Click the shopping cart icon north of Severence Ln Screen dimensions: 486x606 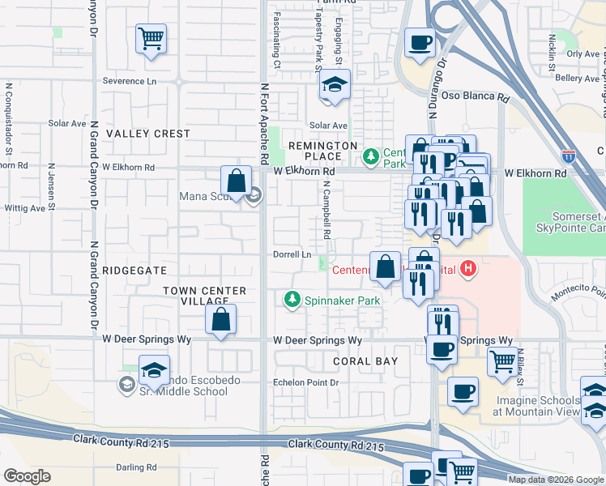(x=151, y=38)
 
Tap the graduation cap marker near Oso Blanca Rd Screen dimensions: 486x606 (x=333, y=85)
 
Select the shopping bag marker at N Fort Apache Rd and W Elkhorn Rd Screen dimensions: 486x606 (x=236, y=180)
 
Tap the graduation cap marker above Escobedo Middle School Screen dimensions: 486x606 (x=154, y=369)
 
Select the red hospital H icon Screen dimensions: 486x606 (x=467, y=268)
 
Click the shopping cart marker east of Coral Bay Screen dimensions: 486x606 (x=503, y=360)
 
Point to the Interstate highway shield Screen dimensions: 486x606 (x=569, y=155)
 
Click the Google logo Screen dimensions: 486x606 (x=27, y=476)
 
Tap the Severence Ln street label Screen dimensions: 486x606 (x=130, y=82)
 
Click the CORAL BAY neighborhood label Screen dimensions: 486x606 (x=363, y=360)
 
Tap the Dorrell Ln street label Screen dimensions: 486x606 (x=292, y=254)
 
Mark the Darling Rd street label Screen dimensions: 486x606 (x=136, y=467)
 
